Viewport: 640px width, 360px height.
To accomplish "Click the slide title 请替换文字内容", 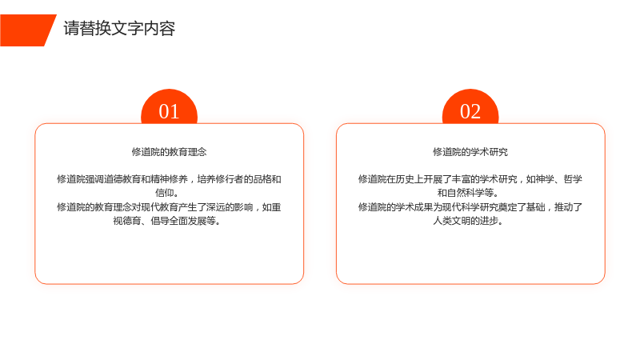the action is click(119, 29).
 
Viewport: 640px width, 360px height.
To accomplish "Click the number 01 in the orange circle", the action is click(169, 111).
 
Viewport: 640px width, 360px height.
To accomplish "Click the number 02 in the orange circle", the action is click(470, 111).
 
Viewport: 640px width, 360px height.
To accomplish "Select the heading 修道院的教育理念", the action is click(169, 152).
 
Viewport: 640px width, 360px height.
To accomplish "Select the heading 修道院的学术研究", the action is click(470, 152).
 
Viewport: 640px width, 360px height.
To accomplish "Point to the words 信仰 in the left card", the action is click(164, 193).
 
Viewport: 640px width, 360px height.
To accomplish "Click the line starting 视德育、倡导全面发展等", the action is click(166, 221).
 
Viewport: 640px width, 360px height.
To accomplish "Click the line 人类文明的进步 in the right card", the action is click(468, 221).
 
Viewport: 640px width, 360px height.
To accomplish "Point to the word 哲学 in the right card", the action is click(573, 179).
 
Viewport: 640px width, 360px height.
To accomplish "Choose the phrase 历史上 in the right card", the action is click(410, 179).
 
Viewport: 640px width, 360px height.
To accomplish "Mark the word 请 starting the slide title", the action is click(71, 29).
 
